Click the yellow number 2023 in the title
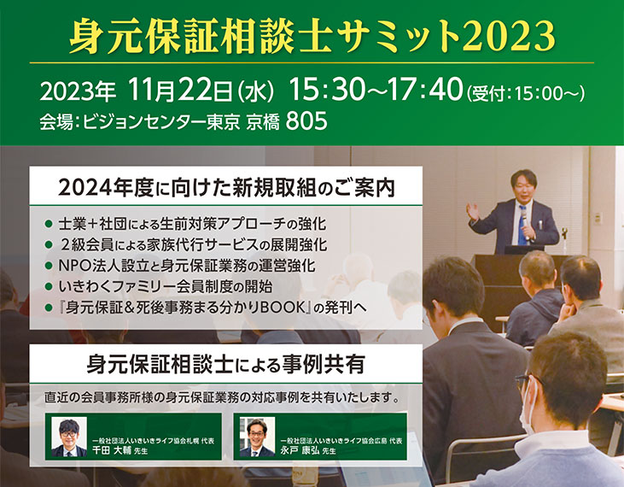[509, 36]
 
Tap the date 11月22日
[181, 90]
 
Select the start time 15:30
[326, 89]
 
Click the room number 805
[306, 121]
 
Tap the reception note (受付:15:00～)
[526, 94]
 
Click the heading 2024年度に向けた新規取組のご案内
[227, 188]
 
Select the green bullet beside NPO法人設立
[49, 266]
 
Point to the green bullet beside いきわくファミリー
[49, 287]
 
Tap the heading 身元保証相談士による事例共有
[225, 364]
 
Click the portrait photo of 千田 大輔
[69, 437]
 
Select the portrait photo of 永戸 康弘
[257, 437]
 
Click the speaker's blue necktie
[522, 227]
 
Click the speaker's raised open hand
[473, 212]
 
